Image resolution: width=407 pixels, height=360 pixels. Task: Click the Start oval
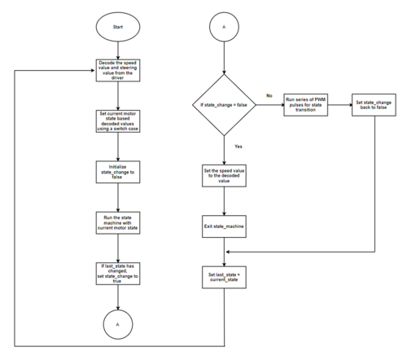click(118, 27)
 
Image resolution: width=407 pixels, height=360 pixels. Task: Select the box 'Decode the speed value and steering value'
click(118, 70)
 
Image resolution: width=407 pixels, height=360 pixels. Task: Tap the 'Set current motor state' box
click(118, 121)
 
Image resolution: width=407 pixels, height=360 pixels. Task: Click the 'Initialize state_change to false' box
click(118, 172)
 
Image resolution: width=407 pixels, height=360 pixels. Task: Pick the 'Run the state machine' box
click(118, 223)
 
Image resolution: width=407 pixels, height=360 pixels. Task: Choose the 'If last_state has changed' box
click(118, 274)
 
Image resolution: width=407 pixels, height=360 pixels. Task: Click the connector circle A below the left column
click(118, 324)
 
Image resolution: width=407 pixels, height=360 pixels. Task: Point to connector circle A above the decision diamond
click(224, 27)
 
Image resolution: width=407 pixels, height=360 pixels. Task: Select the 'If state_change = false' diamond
click(224, 105)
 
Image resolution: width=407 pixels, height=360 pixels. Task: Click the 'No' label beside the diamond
click(269, 95)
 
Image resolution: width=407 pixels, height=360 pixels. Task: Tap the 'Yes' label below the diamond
click(239, 147)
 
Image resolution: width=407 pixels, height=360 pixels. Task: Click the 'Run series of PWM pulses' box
click(305, 105)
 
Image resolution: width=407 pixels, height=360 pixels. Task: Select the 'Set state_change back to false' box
click(374, 105)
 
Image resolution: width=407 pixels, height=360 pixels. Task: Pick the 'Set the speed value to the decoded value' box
click(224, 176)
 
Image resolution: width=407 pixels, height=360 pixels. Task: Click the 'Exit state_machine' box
click(224, 226)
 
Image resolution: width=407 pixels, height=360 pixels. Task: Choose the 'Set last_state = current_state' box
click(224, 277)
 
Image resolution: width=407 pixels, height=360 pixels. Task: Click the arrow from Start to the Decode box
click(118, 50)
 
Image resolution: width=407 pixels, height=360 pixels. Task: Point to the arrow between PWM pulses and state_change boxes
click(339, 105)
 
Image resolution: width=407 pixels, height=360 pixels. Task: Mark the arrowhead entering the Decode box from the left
click(93, 71)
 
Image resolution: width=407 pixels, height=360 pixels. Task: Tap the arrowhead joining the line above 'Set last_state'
click(228, 252)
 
